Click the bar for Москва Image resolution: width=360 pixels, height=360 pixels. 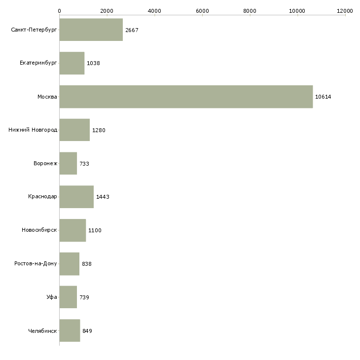(186, 97)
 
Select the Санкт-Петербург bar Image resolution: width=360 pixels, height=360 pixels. (91, 30)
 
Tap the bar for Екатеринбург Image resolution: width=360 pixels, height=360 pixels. (72, 63)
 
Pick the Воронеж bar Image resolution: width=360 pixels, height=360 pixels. (68, 163)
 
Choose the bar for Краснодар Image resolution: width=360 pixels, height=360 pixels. (76, 197)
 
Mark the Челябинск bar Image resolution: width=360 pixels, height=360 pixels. (70, 330)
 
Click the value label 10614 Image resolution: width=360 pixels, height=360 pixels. (323, 97)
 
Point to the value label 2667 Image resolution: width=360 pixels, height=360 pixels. (132, 30)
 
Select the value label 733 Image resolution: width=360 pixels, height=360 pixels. (84, 164)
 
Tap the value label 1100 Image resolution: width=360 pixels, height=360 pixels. (95, 230)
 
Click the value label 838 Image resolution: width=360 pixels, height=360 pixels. (87, 264)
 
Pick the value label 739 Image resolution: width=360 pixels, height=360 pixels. (84, 297)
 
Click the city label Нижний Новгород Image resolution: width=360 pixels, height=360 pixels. (33, 130)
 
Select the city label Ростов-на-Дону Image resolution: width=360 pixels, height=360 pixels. (36, 263)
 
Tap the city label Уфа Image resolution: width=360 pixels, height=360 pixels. (52, 297)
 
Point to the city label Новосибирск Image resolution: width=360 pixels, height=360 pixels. (39, 230)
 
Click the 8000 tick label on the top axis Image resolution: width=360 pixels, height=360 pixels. (250, 11)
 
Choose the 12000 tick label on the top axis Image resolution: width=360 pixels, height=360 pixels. (345, 11)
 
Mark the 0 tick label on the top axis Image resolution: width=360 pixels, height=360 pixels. (60, 11)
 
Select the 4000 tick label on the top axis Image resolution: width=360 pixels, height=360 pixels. (154, 11)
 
